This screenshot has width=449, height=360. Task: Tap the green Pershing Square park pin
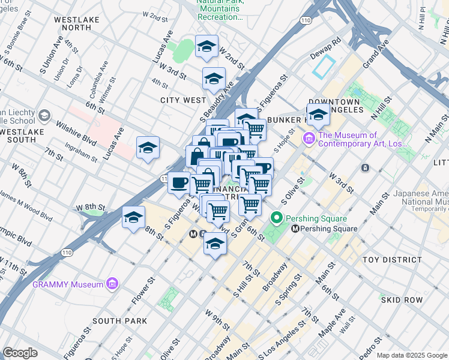pyautogui.click(x=277, y=218)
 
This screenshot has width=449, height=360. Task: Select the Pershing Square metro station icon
pyautogui.click(x=295, y=229)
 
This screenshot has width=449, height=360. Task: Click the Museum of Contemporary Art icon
pyautogui.click(x=310, y=139)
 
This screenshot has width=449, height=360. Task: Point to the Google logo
pyautogui.click(x=20, y=353)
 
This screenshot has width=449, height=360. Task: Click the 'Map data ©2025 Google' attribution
pyautogui.click(x=412, y=355)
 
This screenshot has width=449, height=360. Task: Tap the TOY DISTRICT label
pyautogui.click(x=393, y=260)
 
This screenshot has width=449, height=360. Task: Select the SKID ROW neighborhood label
pyautogui.click(x=402, y=299)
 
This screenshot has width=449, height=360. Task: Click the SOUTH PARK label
pyautogui.click(x=120, y=321)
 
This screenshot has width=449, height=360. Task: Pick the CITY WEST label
pyautogui.click(x=183, y=100)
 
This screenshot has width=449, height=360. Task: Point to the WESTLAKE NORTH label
pyautogui.click(x=73, y=23)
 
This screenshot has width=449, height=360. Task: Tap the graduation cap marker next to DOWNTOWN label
pyautogui.click(x=318, y=114)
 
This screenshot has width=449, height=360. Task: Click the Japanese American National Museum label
pyautogui.click(x=421, y=198)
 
